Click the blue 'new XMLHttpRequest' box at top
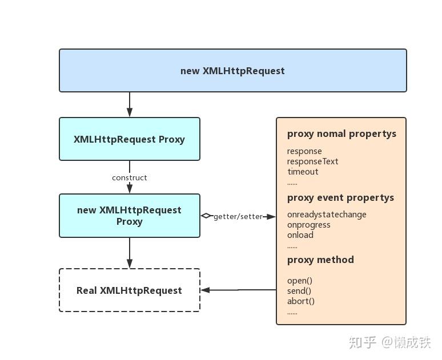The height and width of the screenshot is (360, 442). point(232,71)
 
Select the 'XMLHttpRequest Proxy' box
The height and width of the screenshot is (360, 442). point(130,139)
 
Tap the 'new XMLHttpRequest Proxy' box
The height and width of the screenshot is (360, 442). point(130,216)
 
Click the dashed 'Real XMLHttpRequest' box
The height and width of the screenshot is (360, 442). point(130,290)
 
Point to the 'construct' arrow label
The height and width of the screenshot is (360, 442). point(130,177)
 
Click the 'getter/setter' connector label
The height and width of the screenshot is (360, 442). point(238,217)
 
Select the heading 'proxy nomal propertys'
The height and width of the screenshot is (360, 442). point(341,134)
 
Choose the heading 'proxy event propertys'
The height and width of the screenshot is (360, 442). point(340,198)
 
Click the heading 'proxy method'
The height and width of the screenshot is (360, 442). point(320,260)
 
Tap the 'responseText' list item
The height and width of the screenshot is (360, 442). point(313,161)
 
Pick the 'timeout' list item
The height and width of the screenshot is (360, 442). point(303,172)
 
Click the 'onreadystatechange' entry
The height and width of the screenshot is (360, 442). point(327,215)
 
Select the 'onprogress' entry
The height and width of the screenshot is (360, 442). point(309,225)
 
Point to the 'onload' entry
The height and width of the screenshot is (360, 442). point(300,235)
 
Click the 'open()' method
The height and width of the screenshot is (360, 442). point(300,281)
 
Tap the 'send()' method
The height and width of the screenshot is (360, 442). point(299,291)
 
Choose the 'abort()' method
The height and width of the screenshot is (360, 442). point(301,301)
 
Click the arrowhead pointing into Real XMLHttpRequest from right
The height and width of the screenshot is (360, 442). point(206,290)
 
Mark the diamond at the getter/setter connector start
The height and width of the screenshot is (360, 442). point(206,216)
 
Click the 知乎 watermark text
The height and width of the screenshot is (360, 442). point(363,342)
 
